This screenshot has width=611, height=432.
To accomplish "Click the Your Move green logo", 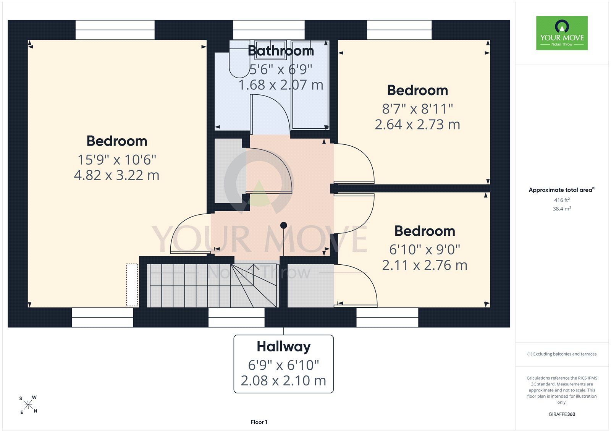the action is click(562, 33).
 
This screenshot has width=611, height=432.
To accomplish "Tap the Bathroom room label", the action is click(281, 51).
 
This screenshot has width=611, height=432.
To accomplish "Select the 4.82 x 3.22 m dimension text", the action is click(117, 175).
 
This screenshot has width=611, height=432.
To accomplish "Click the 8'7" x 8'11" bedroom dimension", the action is click(417, 109).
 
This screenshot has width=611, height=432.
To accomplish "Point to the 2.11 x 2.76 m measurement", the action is click(425, 265).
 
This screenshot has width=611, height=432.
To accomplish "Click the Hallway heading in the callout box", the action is click(284, 346).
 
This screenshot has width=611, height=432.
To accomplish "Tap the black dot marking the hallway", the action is click(284, 225).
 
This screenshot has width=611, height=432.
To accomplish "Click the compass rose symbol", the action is click(28, 405).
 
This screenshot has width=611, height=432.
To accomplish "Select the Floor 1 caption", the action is click(259, 422).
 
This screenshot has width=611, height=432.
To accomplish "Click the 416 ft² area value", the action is click(562, 200).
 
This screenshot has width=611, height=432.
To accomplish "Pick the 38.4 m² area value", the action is click(562, 209).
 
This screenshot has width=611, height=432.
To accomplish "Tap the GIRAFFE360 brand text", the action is click(562, 414).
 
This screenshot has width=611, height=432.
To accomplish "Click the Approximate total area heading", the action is click(562, 190).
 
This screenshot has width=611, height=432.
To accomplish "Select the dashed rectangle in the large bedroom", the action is click(132, 285).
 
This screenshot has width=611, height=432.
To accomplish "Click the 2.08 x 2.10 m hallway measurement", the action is click(283, 381).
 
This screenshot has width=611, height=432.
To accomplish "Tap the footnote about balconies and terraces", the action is click(562, 354).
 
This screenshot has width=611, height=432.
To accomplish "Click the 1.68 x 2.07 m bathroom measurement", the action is click(281, 85).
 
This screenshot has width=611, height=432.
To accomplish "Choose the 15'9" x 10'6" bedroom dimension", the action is click(117, 160).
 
